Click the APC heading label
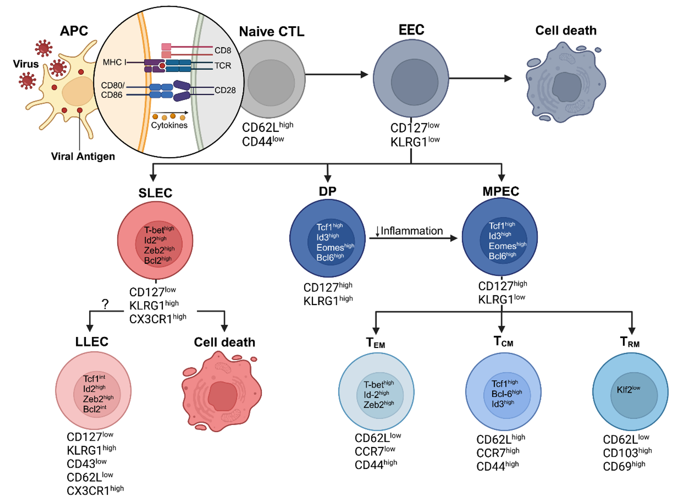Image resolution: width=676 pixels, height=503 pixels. (x=74, y=31)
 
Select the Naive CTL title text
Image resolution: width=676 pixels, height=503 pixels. (x=272, y=31)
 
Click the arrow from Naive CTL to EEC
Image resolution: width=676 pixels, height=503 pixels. (x=336, y=75)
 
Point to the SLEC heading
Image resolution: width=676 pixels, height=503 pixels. (x=155, y=193)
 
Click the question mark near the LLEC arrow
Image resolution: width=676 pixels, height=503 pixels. (x=105, y=304)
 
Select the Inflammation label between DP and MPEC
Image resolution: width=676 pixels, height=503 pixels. (x=411, y=231)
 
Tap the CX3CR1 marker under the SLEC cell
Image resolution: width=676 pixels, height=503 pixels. (x=157, y=319)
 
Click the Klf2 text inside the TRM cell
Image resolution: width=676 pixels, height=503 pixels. (x=628, y=390)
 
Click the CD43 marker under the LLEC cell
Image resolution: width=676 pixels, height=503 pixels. (x=86, y=464)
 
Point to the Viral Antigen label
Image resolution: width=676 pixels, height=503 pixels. (x=83, y=156)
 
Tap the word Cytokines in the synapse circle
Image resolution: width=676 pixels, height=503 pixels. (x=169, y=125)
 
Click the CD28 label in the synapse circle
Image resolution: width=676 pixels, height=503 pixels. (x=225, y=90)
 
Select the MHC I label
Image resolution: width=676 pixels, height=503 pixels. (x=115, y=62)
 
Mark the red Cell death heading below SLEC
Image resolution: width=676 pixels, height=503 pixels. (x=224, y=342)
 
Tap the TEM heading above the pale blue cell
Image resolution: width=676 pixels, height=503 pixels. (x=375, y=343)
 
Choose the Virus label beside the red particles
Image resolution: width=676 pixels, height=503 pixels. (x=26, y=64)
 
